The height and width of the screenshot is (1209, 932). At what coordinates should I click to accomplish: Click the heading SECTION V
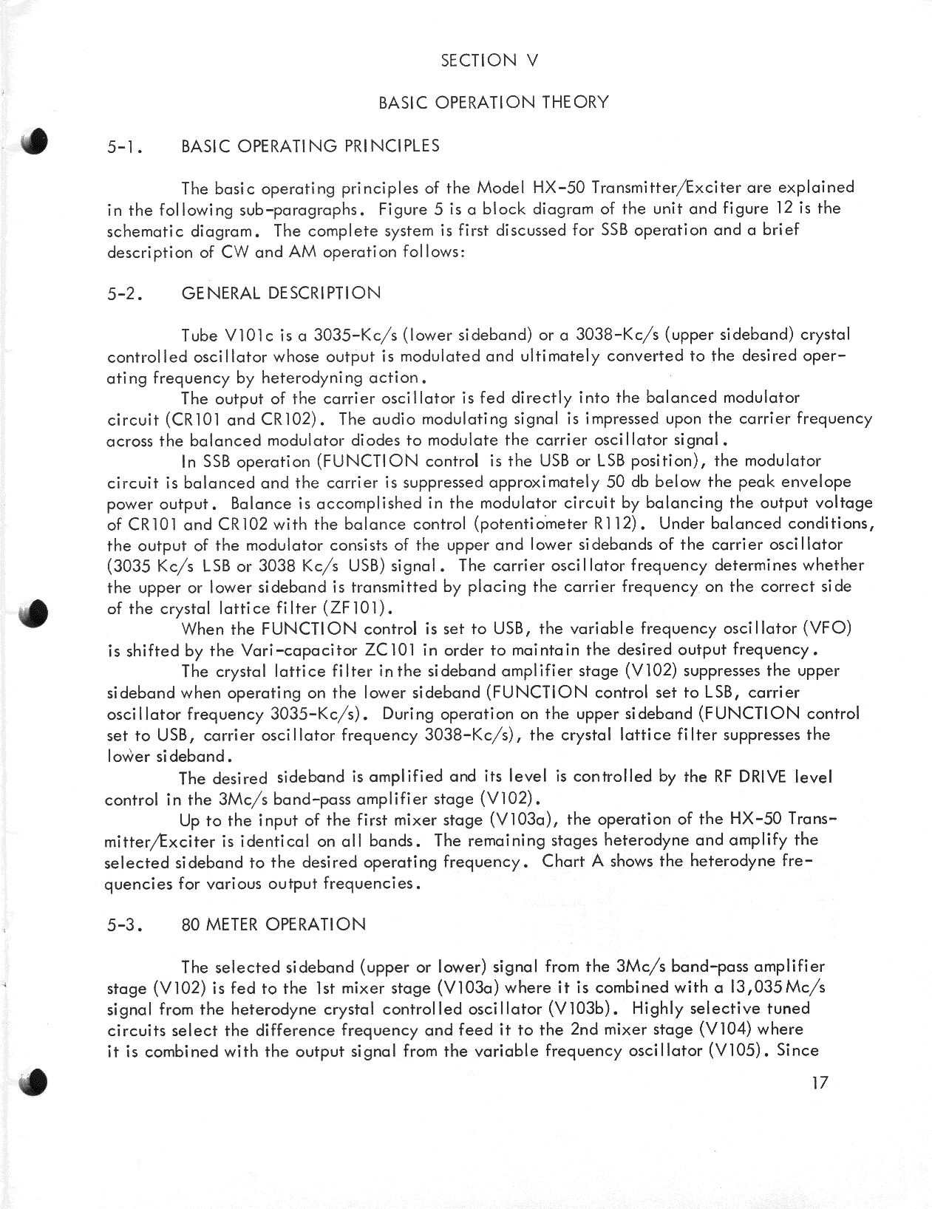click(489, 61)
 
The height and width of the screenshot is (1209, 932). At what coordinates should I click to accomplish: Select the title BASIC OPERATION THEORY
click(493, 103)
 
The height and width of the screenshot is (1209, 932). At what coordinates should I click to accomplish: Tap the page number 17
click(818, 1083)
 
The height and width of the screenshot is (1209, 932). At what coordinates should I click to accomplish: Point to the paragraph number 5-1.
click(123, 146)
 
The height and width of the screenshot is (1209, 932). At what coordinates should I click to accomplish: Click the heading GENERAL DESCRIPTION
click(281, 293)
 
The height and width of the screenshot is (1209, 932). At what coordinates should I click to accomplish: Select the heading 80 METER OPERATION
click(273, 925)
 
